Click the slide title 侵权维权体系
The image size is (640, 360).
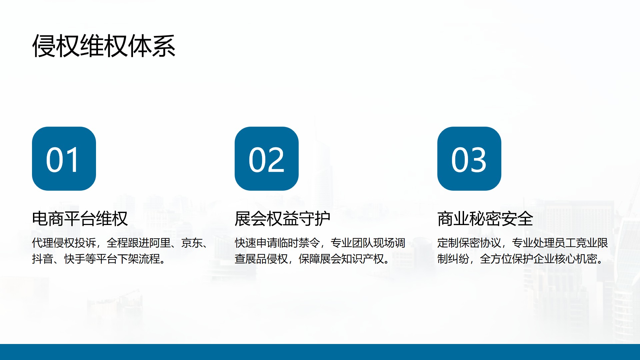click(x=104, y=46)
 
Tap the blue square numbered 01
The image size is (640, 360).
click(x=64, y=159)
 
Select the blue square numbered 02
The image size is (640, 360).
click(x=267, y=159)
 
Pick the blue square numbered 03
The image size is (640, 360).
click(x=469, y=159)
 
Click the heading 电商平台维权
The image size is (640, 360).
click(x=80, y=219)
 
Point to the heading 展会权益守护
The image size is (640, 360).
click(x=283, y=219)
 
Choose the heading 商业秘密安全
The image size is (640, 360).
click(x=485, y=219)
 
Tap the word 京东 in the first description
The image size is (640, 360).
click(x=192, y=243)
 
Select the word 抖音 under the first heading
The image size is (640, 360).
click(x=43, y=259)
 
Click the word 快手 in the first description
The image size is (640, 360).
click(x=75, y=259)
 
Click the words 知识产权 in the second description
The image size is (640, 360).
click(x=363, y=259)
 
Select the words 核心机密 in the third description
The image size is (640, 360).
click(x=576, y=259)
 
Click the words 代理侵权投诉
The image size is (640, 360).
click(x=64, y=243)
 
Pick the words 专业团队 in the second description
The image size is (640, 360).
click(x=352, y=243)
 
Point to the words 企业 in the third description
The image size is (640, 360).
click(x=544, y=259)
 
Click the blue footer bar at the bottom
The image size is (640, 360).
click(x=320, y=352)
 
